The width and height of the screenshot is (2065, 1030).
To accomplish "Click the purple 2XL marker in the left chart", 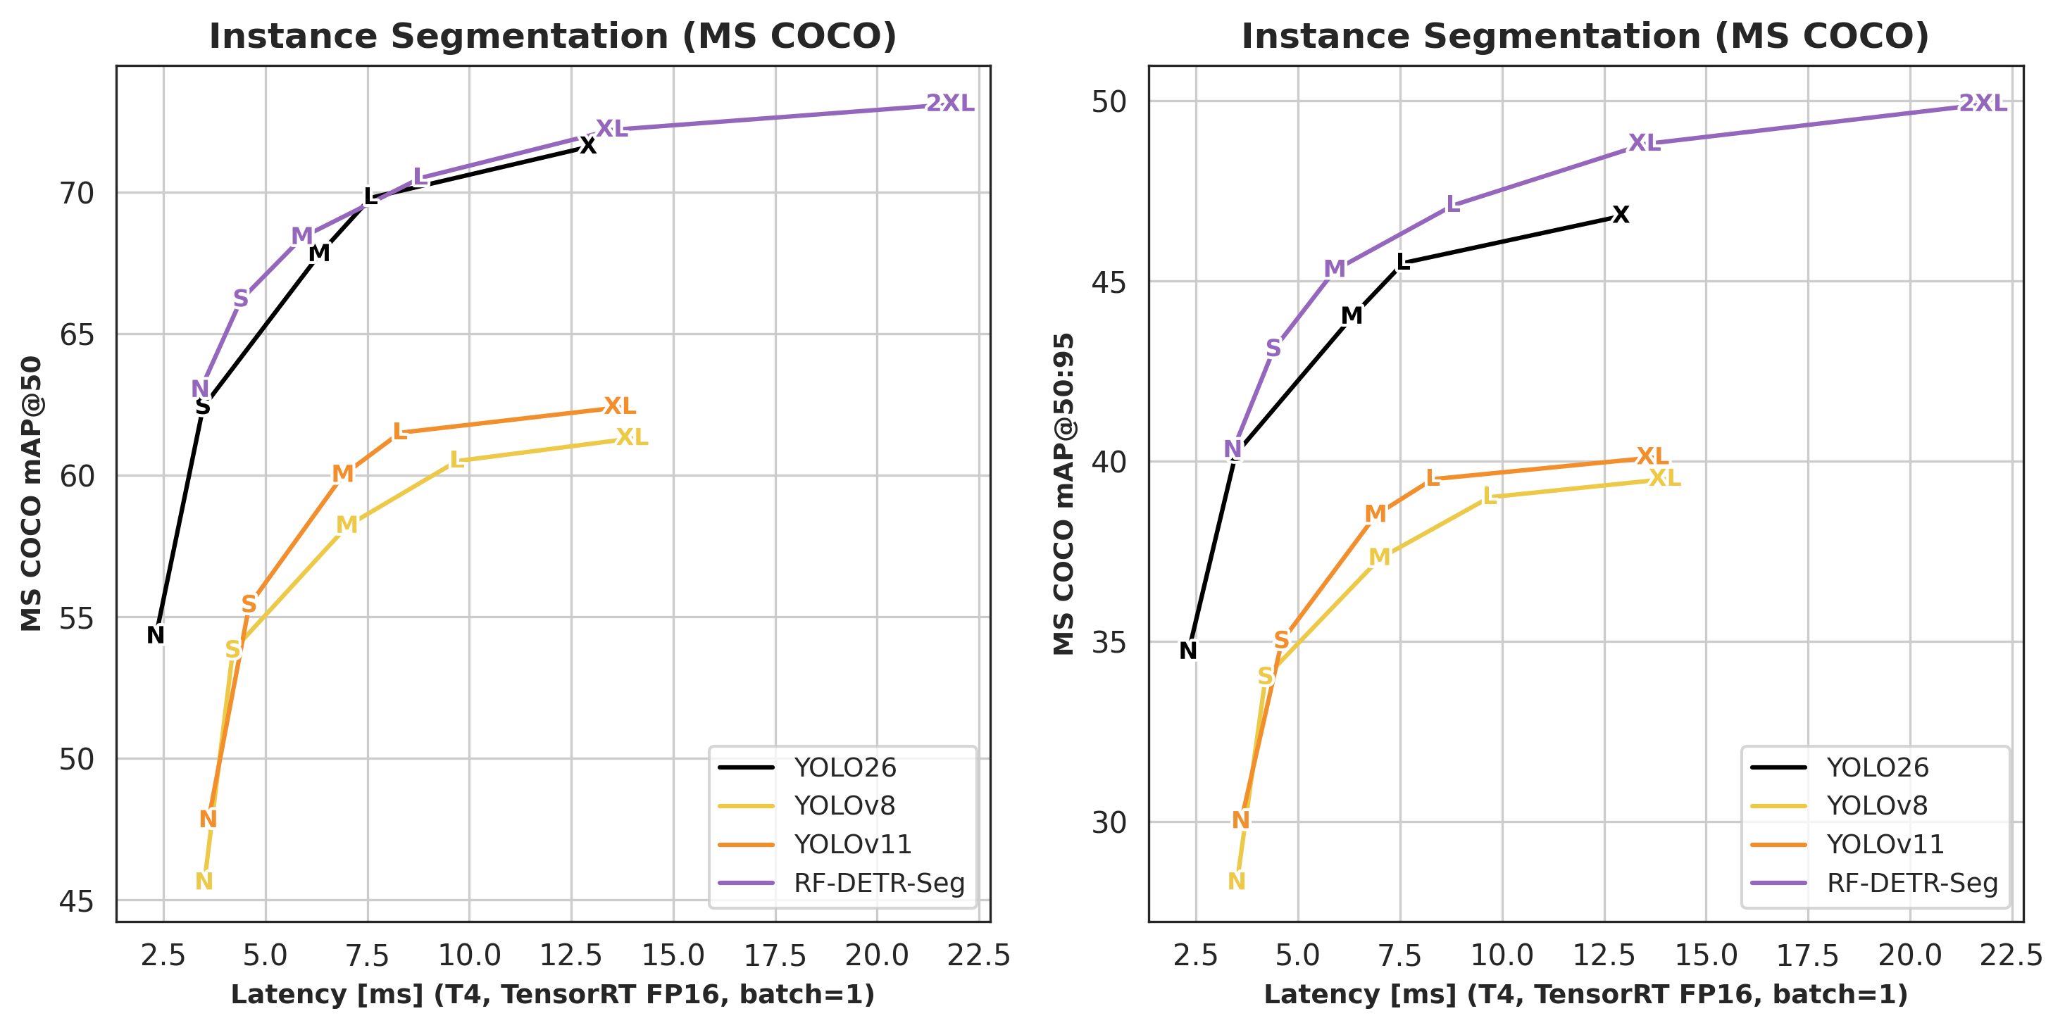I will (x=950, y=103).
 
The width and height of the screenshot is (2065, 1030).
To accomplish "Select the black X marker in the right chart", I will (x=1620, y=215).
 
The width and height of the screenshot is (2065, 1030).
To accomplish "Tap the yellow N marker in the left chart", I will (x=204, y=881).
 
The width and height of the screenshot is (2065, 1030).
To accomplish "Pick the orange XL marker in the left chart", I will (x=620, y=406).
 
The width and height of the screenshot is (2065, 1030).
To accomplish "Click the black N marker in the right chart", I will (x=1188, y=651).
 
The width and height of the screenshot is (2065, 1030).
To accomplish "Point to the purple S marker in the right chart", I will (x=1273, y=348).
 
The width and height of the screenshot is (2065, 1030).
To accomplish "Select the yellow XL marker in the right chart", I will (x=1664, y=479).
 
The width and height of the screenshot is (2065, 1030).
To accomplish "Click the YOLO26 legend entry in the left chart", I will (x=844, y=768).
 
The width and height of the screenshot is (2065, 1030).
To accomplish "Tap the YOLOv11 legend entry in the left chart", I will (x=852, y=845).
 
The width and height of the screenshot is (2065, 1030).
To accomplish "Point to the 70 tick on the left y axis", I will (x=77, y=193).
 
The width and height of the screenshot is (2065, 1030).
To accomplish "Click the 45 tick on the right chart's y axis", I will (x=1109, y=282).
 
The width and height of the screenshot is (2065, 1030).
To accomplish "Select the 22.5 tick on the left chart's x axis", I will (x=978, y=956).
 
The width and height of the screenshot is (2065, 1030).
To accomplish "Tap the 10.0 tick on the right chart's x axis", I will (x=1502, y=956).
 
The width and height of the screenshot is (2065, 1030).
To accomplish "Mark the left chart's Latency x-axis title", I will (x=552, y=995).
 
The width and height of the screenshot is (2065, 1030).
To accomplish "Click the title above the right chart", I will (x=1585, y=36).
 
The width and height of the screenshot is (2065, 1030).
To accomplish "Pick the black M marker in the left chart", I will (x=319, y=254).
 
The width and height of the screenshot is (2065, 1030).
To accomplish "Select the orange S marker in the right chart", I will (x=1281, y=641).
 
